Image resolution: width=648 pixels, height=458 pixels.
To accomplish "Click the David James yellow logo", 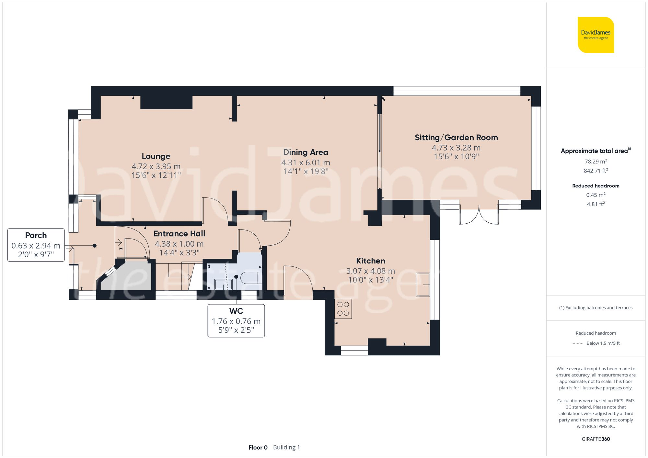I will point(596,35).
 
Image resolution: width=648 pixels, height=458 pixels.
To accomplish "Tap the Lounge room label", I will point(156,156).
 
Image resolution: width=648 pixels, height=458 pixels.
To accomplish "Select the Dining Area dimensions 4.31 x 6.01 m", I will point(306,162).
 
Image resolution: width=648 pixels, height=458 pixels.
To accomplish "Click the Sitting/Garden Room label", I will point(456,138).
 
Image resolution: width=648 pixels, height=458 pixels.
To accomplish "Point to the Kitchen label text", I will point(370,261).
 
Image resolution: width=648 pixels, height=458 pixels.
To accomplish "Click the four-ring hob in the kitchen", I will point(343,309).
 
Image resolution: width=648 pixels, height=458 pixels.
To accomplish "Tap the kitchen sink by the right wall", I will point(423,285).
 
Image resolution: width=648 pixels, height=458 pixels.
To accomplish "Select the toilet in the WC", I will point(251,277).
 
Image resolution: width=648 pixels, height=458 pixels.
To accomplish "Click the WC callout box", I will point(236,320).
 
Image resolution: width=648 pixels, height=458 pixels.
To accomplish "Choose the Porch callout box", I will point(36,245).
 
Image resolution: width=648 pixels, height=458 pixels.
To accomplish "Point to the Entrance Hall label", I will point(179,234).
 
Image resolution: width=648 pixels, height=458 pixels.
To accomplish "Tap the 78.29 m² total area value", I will point(596,161).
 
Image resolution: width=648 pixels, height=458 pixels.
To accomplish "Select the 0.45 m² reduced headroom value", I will point(596,195).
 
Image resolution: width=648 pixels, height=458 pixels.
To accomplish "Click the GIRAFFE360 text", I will point(596,439).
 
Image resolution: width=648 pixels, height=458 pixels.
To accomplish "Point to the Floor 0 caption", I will point(258,447).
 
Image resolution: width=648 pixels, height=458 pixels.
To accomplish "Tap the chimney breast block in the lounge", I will point(166,102).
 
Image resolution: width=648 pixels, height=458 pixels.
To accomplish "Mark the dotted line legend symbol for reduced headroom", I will point(577,343).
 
